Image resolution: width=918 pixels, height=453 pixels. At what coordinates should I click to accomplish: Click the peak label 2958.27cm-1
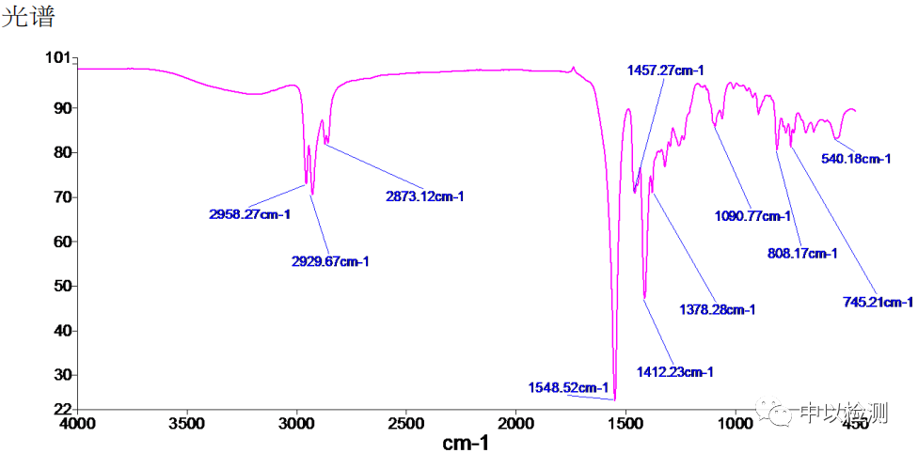click(x=249, y=214)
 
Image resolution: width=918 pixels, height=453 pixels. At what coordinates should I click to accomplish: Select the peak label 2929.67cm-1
click(x=329, y=261)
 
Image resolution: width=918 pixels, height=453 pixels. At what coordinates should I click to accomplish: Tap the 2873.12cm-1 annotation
click(x=425, y=196)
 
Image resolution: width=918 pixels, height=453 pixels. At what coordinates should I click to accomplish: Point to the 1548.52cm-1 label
click(x=569, y=387)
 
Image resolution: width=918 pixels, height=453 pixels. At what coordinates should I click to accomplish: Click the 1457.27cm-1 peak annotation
click(x=665, y=70)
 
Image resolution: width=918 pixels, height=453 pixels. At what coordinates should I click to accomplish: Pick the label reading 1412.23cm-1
click(x=673, y=372)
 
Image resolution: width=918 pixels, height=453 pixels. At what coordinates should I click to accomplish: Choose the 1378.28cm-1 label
click(x=717, y=308)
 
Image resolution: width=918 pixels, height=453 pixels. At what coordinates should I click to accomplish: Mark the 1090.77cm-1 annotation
click(x=752, y=217)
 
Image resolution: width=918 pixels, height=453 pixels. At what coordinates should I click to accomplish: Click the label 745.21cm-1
click(x=877, y=302)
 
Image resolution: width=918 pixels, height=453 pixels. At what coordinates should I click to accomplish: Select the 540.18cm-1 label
click(x=856, y=159)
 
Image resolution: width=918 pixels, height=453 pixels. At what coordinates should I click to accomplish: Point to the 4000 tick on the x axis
click(x=78, y=424)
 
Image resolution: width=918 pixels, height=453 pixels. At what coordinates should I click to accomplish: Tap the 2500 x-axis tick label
click(x=405, y=424)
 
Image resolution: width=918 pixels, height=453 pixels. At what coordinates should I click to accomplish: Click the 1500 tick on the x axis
click(x=625, y=424)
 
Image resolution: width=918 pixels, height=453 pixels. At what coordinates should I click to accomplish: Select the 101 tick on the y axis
click(x=57, y=58)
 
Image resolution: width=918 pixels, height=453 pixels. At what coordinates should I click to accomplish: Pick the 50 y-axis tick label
click(x=61, y=286)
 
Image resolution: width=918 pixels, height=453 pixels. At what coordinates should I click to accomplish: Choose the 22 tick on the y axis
click(x=61, y=410)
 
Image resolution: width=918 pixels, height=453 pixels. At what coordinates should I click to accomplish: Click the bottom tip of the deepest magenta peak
click(x=615, y=399)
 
